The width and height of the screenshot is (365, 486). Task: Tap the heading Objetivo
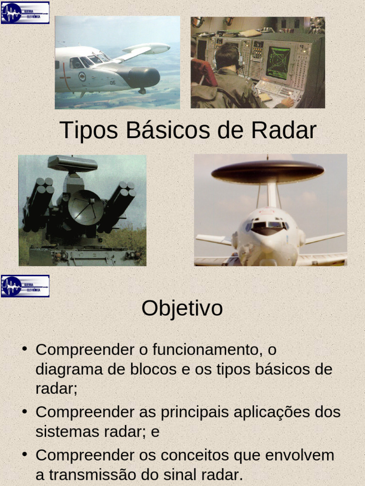[182, 308]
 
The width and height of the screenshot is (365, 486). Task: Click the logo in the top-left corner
[25, 13]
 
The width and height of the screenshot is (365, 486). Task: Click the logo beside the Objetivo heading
[25, 286]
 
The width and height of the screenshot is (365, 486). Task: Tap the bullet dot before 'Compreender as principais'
[24, 411]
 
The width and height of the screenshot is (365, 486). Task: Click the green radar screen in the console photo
[278, 62]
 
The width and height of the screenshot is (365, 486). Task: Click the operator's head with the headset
[227, 56]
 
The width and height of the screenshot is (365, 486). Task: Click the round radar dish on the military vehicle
[86, 207]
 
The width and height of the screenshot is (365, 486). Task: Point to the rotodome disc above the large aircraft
[268, 171]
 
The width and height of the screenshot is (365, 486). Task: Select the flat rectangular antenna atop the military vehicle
[72, 164]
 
